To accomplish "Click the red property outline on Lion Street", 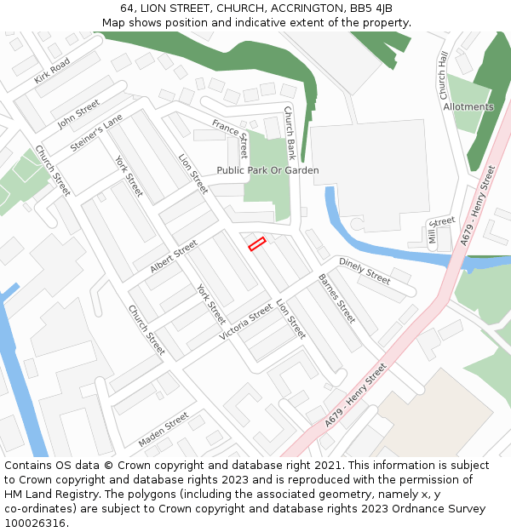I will tap(257, 244).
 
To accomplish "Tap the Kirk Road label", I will tap(52, 72).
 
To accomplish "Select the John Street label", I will tap(78, 113).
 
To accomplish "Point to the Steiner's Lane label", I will tap(97, 134).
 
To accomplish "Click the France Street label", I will tap(230, 139).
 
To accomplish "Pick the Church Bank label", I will tap(290, 134).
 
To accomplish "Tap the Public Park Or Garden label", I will tap(267, 170).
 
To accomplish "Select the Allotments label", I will tap(468, 107).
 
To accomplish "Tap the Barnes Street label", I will tap(336, 298).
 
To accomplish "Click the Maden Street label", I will tap(164, 430).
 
